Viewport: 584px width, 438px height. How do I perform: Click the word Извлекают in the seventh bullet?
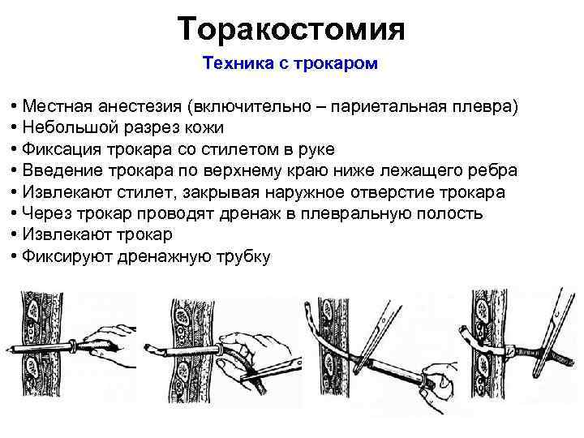[x=63, y=235]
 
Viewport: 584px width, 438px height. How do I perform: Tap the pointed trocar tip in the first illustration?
[x=11, y=350]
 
